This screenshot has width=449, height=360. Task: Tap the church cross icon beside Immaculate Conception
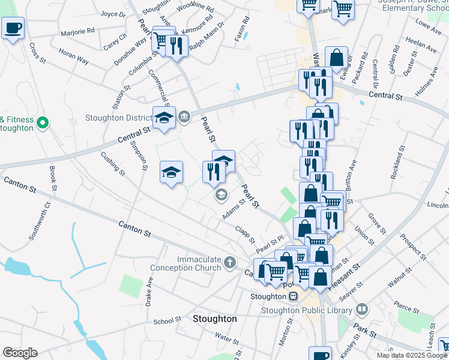(230, 262)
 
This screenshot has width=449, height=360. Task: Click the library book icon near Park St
(362, 310)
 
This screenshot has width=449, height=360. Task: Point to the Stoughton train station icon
(293, 296)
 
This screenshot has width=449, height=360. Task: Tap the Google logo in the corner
(20, 353)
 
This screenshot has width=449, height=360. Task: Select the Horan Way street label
(74, 58)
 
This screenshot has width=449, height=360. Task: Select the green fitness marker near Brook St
(42, 124)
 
